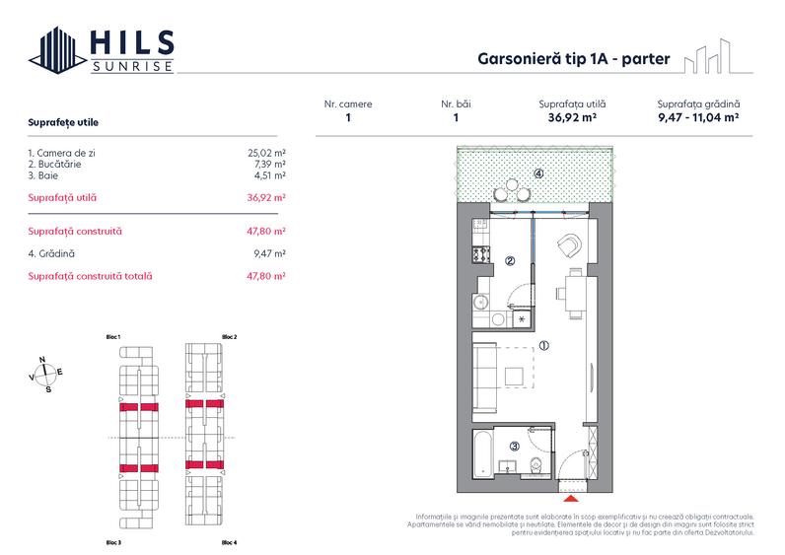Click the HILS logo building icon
[55, 50]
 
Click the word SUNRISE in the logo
[132, 66]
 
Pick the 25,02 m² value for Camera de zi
[266, 154]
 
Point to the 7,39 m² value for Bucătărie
[268, 165]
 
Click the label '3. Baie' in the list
[47, 175]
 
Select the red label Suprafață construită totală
[91, 276]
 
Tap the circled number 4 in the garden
[538, 173]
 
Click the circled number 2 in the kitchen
[510, 261]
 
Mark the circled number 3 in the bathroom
[514, 447]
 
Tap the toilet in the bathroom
[535, 465]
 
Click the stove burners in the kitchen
[482, 254]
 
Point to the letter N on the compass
[40, 360]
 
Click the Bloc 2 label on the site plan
[229, 337]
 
